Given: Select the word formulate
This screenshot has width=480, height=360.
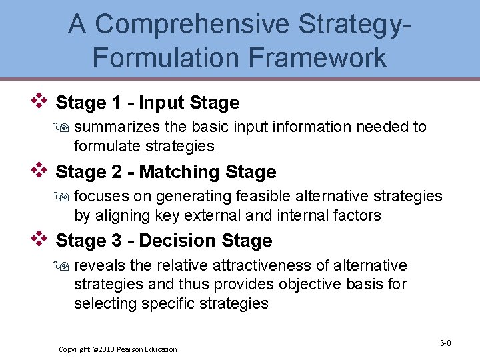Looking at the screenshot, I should point(105,146).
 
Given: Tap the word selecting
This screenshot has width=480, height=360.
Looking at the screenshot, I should point(103,304).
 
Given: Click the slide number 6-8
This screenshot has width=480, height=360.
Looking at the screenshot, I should point(445,343).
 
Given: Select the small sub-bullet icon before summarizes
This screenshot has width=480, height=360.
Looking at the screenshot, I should point(64,127).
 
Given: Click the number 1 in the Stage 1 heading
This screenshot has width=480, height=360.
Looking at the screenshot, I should point(118,103).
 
